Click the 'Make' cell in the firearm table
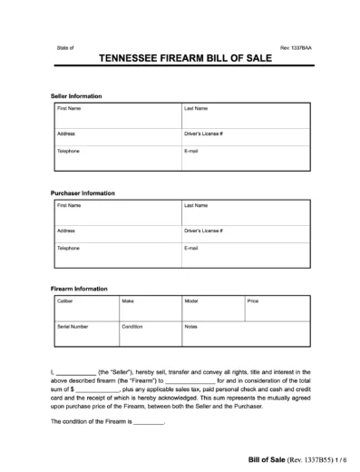[149, 309]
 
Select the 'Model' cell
[211, 309]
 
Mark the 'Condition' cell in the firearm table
[149, 332]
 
